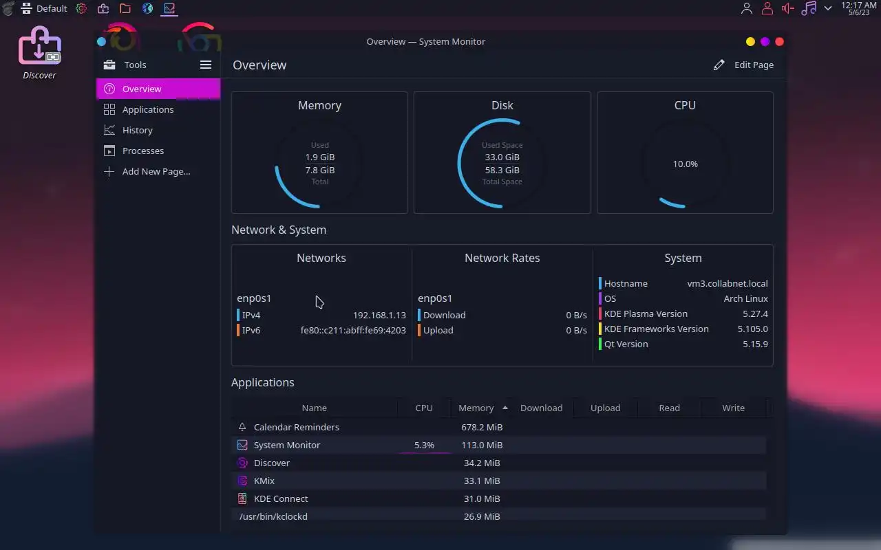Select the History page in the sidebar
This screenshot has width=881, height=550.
coord(137,130)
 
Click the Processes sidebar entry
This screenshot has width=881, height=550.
coord(142,151)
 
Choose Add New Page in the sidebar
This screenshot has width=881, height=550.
coord(156,171)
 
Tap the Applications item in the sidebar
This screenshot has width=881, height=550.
coord(147,109)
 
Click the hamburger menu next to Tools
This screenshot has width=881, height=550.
coord(206,65)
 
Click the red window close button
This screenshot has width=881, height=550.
coord(779,41)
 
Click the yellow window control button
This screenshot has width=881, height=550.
coord(750,41)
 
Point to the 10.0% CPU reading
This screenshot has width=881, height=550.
coord(685,164)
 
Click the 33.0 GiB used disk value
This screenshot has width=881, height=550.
coord(502,157)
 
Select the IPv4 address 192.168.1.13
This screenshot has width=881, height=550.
coord(379,315)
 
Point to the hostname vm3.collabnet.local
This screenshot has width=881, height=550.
coord(727,283)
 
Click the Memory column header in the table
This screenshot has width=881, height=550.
coord(476,408)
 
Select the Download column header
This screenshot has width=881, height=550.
coord(541,408)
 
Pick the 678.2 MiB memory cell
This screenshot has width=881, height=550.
coord(481,427)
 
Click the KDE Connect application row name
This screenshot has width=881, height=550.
coord(281,498)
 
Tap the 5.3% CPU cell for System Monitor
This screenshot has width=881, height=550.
coord(424,445)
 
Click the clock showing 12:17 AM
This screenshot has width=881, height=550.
coord(858,8)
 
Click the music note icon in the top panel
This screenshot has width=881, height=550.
coord(809,8)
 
